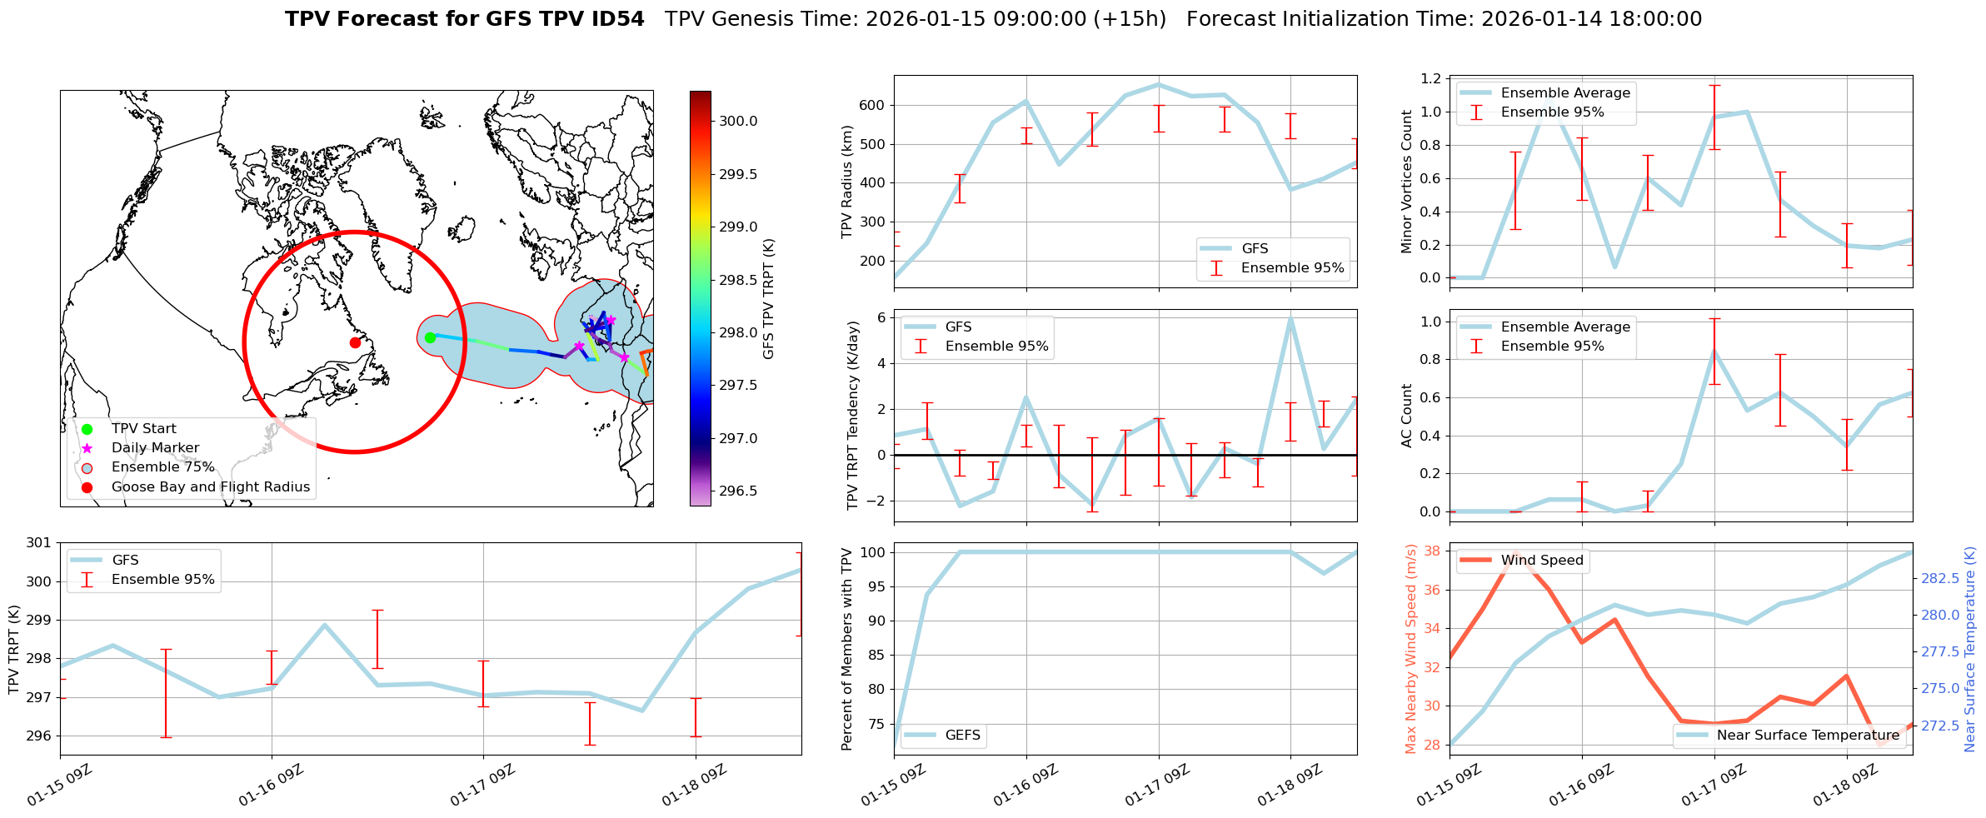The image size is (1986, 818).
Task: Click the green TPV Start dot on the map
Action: (430, 337)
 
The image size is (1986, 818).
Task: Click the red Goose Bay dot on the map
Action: (355, 342)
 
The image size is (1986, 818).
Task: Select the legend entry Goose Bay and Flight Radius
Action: (210, 487)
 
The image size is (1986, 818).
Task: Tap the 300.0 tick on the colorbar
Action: (738, 122)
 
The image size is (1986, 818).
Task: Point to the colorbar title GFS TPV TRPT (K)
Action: (768, 299)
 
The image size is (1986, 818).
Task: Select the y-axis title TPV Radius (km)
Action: (848, 182)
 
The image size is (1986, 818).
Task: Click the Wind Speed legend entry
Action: (1541, 561)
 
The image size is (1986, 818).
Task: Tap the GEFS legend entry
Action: (962, 736)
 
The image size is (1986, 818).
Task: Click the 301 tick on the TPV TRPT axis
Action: (39, 543)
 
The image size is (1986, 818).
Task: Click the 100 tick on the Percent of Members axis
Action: (872, 552)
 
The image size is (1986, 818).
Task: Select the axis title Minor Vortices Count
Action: (1407, 182)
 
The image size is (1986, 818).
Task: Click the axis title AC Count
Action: (1407, 416)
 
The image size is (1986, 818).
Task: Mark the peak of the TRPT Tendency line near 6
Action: (1290, 318)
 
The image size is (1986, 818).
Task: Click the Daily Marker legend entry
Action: (155, 448)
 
